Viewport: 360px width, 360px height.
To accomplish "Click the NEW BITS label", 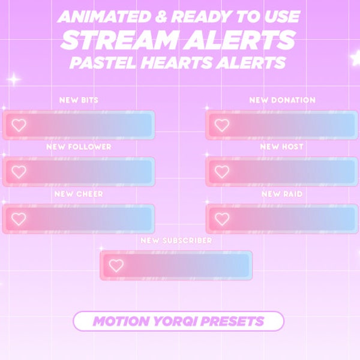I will (79, 100).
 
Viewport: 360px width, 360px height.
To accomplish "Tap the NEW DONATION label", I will (282, 100).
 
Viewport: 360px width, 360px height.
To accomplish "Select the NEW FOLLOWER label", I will (79, 147).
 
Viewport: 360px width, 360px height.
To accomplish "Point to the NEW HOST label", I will (281, 147).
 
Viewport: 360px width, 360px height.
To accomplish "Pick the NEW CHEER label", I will (79, 194).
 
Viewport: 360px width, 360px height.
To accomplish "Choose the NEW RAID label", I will (281, 194).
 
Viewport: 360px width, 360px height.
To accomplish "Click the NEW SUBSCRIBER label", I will (176, 241).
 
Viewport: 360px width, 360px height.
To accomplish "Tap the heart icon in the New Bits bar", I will (19, 125).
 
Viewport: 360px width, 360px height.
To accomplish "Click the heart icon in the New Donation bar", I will (222, 125).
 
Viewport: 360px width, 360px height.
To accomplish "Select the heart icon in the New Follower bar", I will (19, 172).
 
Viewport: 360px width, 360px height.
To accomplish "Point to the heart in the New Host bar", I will (222, 172).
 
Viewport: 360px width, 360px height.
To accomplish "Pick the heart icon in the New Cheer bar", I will (19, 219).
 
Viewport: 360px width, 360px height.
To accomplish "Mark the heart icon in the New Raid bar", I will (222, 219).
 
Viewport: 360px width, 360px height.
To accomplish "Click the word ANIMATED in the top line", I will (102, 17).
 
